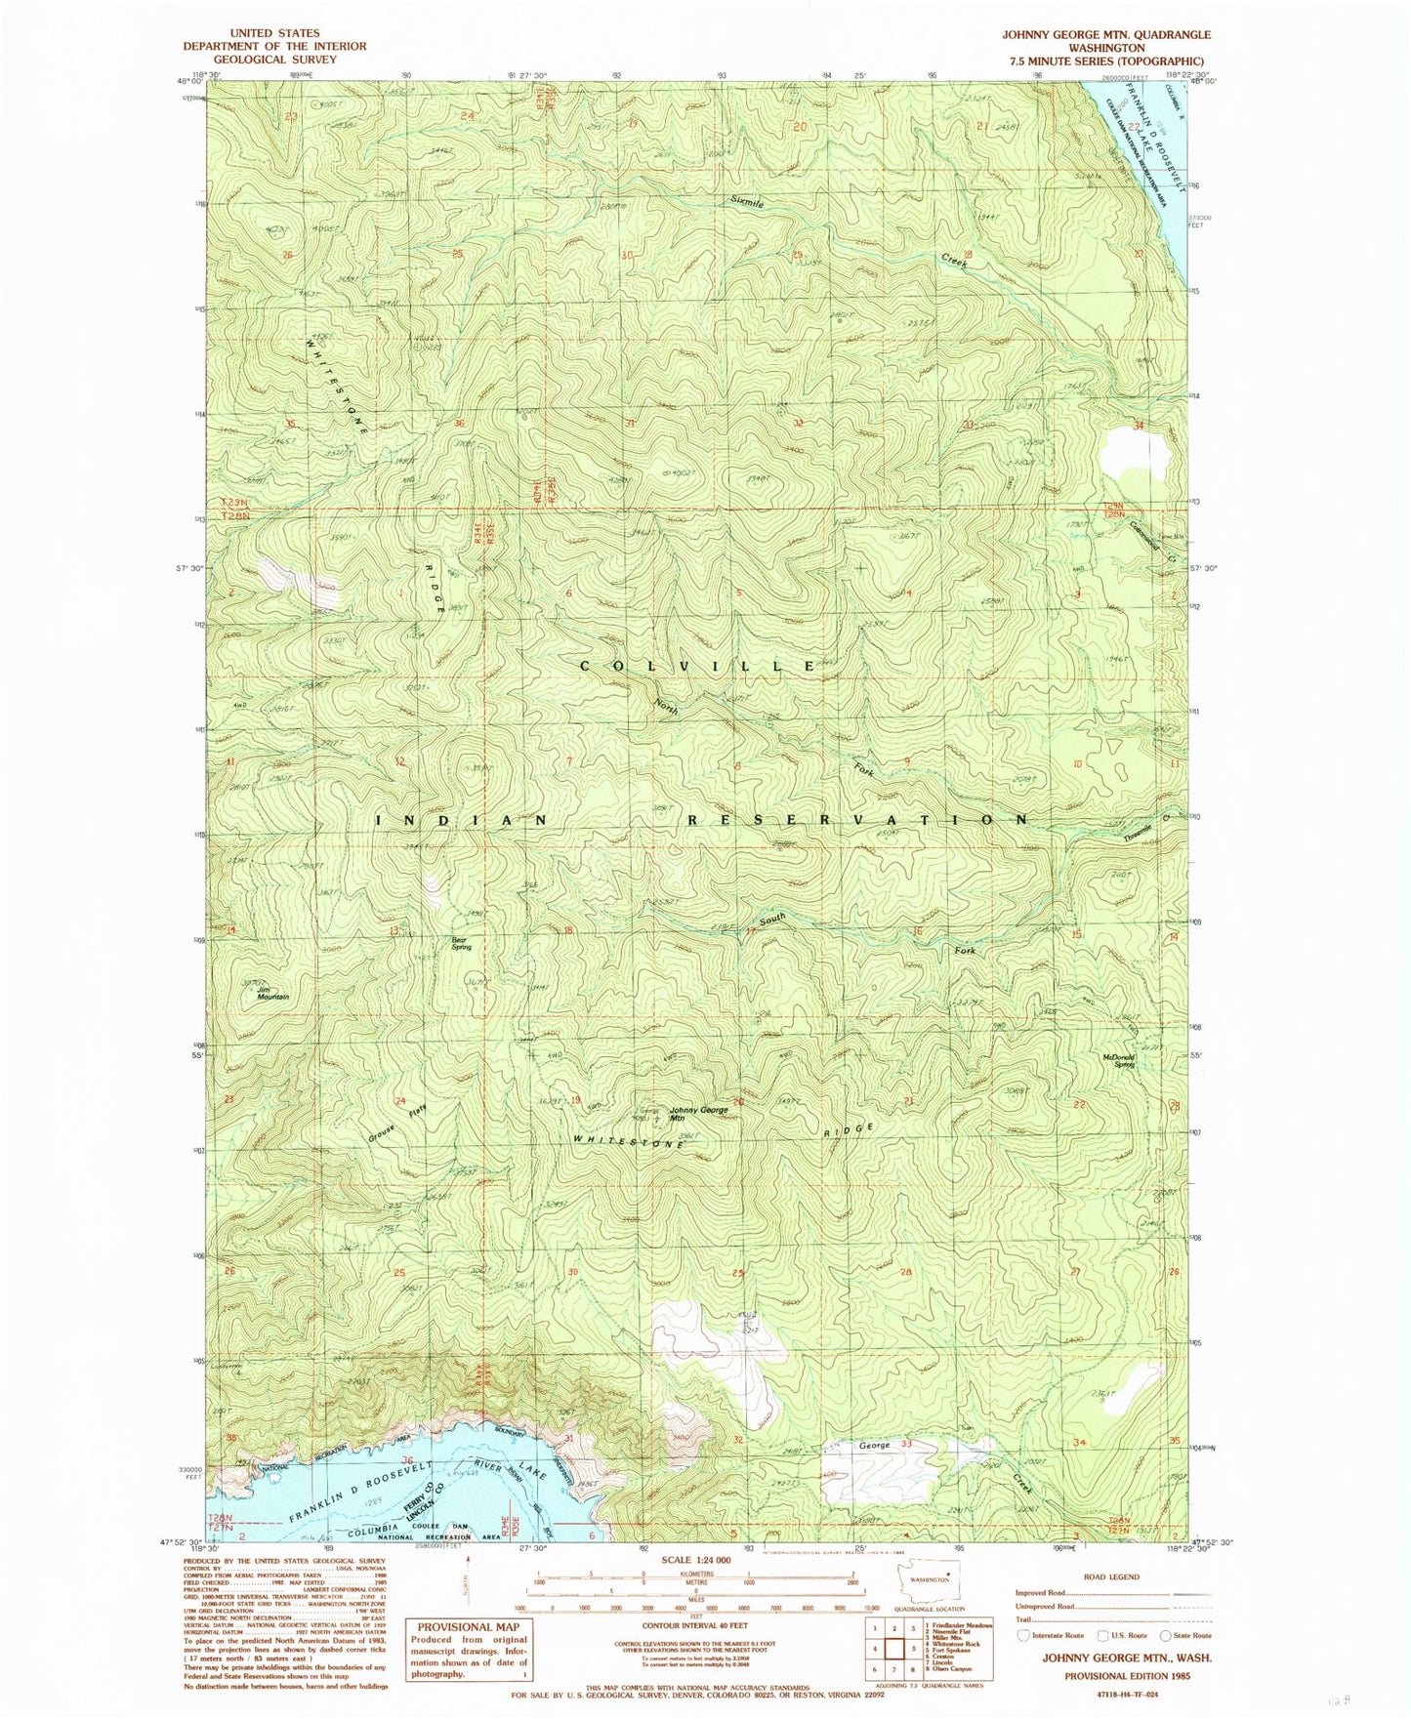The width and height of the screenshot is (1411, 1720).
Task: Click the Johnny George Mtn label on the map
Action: pos(697,1114)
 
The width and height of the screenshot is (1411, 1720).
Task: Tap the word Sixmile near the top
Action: pos(748,202)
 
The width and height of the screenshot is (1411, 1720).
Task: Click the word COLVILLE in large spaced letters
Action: pos(698,666)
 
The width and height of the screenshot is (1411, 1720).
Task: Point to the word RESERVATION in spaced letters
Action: pos(858,820)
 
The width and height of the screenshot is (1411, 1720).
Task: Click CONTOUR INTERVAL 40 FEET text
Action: pos(695,1626)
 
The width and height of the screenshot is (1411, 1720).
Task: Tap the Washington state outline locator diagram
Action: pos(928,1578)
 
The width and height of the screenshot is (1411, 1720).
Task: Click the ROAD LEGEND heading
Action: pos(1111,1576)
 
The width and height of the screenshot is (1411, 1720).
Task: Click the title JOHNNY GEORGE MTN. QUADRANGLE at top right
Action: pos(1105,34)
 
